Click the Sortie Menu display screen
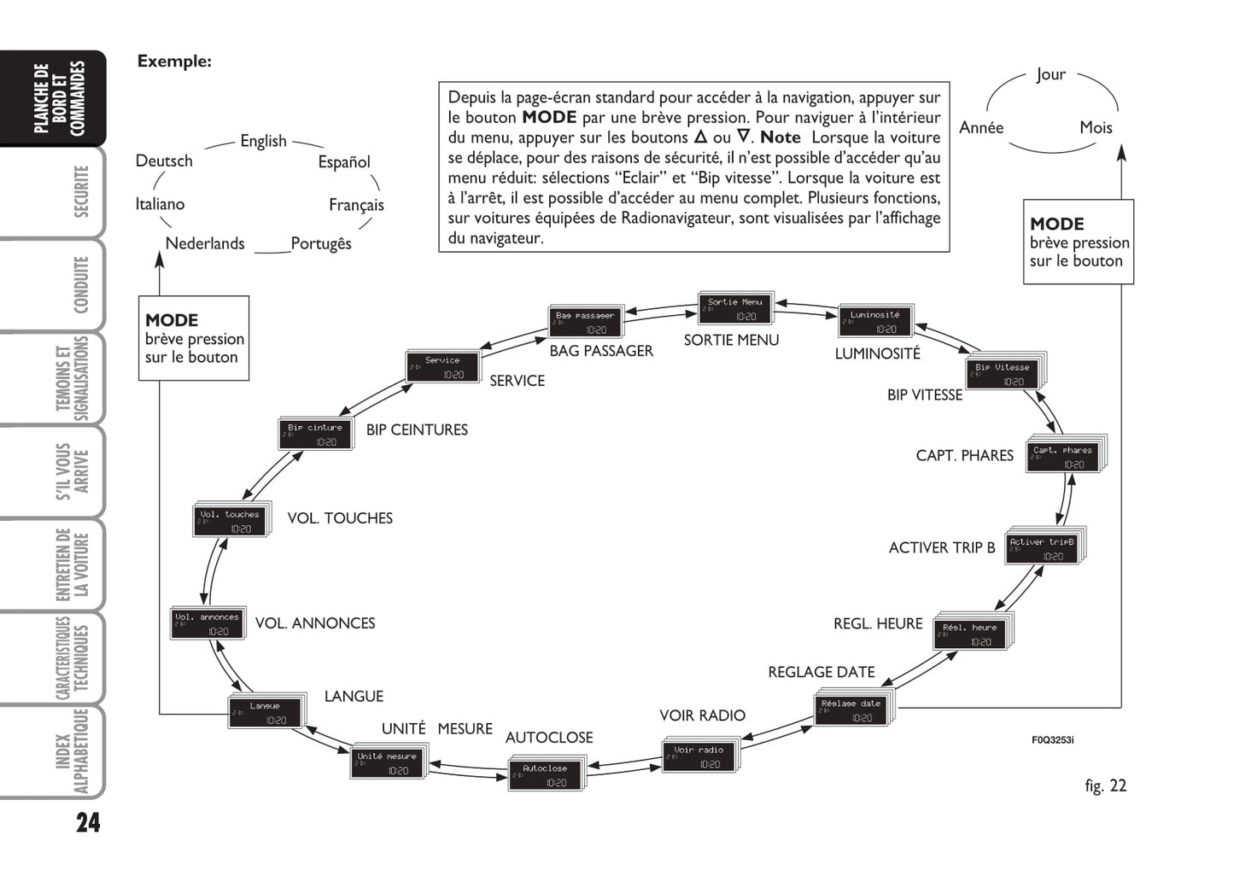pos(734,308)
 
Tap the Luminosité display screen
pos(875,321)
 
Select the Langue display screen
pos(265,712)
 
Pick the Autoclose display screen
pos(545,774)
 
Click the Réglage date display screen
pos(851,710)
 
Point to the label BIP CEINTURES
pos(417,430)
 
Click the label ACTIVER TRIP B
pos(941,548)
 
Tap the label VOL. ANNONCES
pos(315,623)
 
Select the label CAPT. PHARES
pos(964,456)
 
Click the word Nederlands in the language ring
pos(205,243)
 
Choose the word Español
pos(344,162)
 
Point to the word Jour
pos(1050,75)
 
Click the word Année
pos(981,128)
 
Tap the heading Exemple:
pos(174,61)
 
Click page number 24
pos(88,822)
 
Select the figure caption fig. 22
pos(1105,785)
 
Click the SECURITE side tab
pos(81,192)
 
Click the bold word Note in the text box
pos(780,137)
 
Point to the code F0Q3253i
pos(1052,739)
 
